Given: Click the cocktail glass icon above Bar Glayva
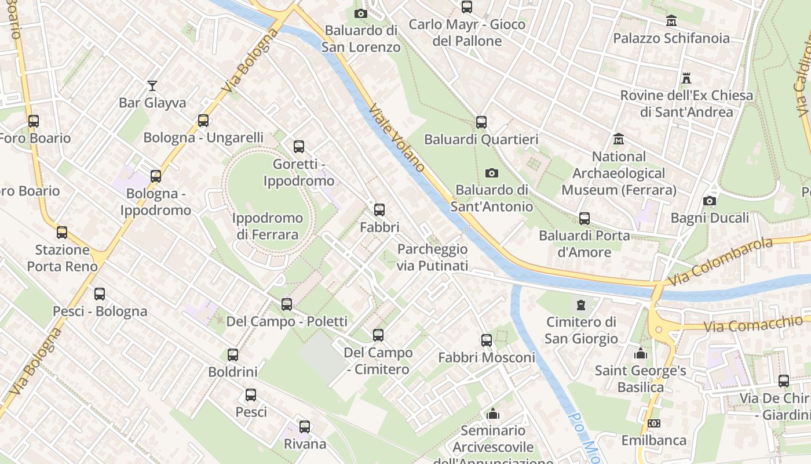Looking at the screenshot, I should [152, 86].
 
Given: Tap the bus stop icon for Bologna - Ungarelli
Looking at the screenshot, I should [203, 121].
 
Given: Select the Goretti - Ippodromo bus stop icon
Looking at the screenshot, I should [299, 147].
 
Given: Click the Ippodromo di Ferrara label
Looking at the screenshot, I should [268, 226].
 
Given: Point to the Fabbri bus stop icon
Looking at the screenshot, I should [379, 210].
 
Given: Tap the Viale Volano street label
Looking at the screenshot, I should [397, 138].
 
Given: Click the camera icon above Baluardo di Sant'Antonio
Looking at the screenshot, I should [492, 173].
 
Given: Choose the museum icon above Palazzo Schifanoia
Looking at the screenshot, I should [671, 21].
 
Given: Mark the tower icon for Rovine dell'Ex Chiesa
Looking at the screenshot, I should [687, 78].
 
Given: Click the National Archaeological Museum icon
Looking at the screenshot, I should [619, 139].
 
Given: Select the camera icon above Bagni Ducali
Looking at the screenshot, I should [710, 201].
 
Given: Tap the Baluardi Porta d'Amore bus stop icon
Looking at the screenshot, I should [584, 219].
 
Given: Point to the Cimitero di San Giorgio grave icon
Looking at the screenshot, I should [581, 304].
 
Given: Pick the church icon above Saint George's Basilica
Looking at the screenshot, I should [641, 353].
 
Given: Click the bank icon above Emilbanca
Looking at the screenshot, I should [654, 423].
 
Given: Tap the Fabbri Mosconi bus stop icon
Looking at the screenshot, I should [487, 340].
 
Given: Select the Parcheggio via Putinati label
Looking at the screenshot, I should [432, 258].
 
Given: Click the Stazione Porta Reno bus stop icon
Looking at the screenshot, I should [62, 233].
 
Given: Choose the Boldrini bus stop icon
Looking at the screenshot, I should [233, 355].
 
